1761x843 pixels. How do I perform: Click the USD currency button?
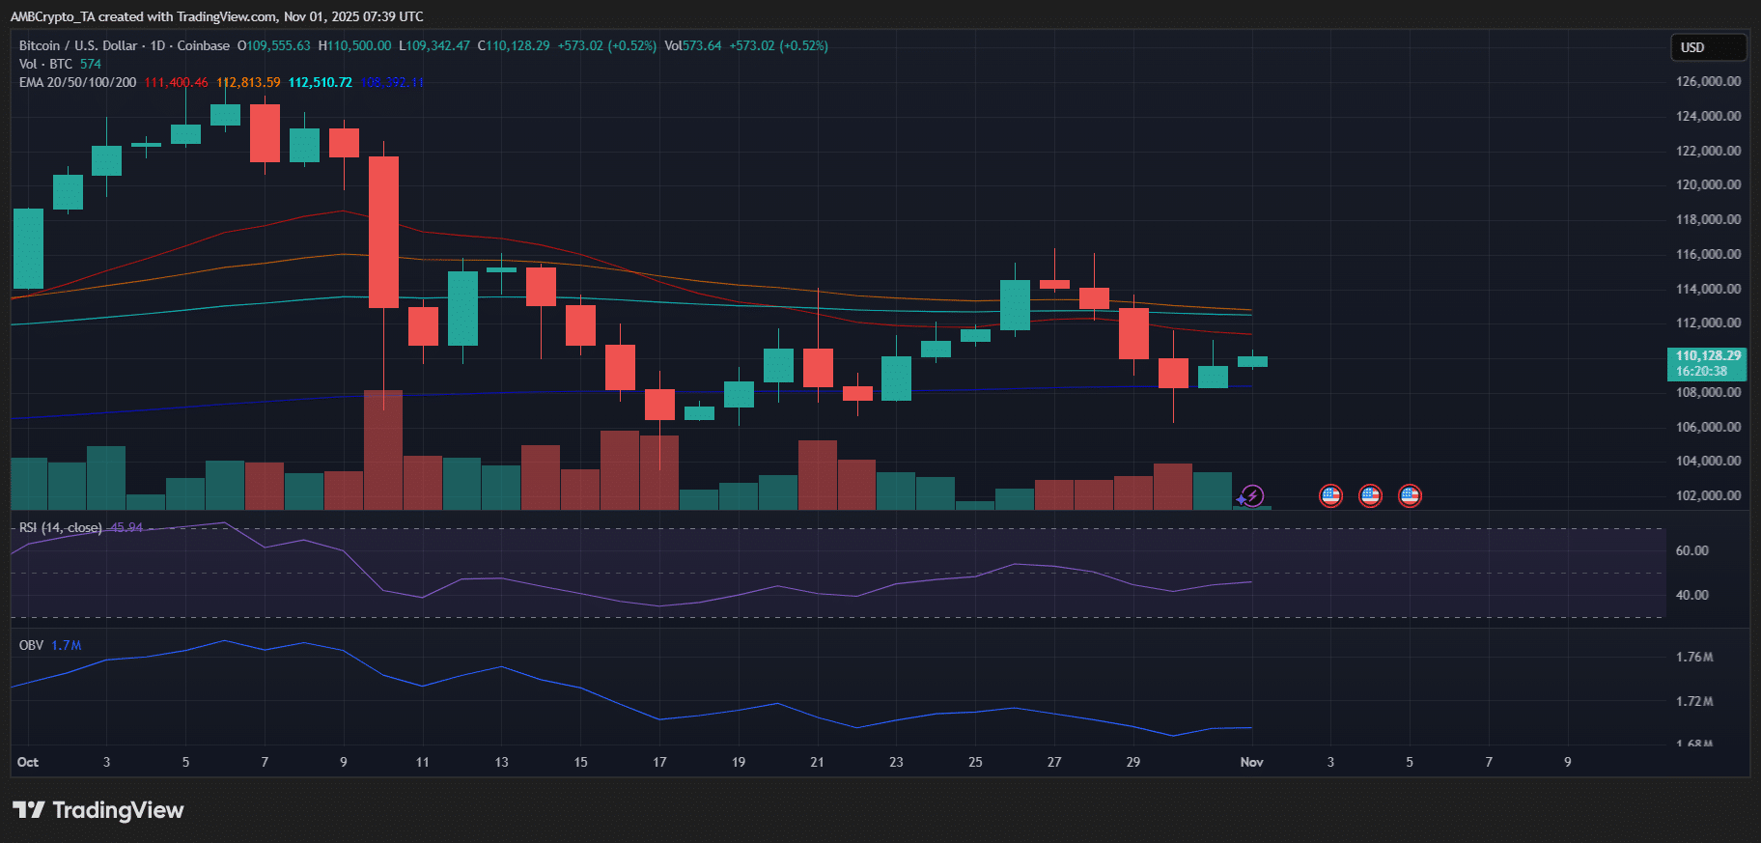click(x=1707, y=47)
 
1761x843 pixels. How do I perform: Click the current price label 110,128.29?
click(x=1707, y=356)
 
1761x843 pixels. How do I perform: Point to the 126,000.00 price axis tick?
click(x=1708, y=81)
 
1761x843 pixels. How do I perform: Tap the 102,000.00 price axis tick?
click(x=1708, y=495)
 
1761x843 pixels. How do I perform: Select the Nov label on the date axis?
click(x=1251, y=762)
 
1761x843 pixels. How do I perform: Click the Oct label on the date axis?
click(x=28, y=762)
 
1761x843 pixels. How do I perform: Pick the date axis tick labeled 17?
click(x=659, y=762)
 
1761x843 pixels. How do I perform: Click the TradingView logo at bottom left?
click(x=98, y=810)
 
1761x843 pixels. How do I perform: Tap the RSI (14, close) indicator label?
click(x=60, y=527)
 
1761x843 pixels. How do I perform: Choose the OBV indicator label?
click(x=31, y=645)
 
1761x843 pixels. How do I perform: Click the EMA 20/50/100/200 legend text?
click(x=77, y=82)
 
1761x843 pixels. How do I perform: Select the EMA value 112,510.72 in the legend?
click(x=320, y=82)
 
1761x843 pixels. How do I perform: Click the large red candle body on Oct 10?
click(x=383, y=232)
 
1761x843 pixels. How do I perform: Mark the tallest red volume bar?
click(x=383, y=449)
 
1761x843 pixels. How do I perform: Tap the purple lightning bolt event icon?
click(x=1252, y=496)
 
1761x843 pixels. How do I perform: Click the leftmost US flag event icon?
click(x=1330, y=496)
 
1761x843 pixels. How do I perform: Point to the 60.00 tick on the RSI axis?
click(x=1691, y=550)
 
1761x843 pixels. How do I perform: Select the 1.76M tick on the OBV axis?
click(x=1694, y=657)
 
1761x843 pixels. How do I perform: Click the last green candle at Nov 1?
click(x=1252, y=361)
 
